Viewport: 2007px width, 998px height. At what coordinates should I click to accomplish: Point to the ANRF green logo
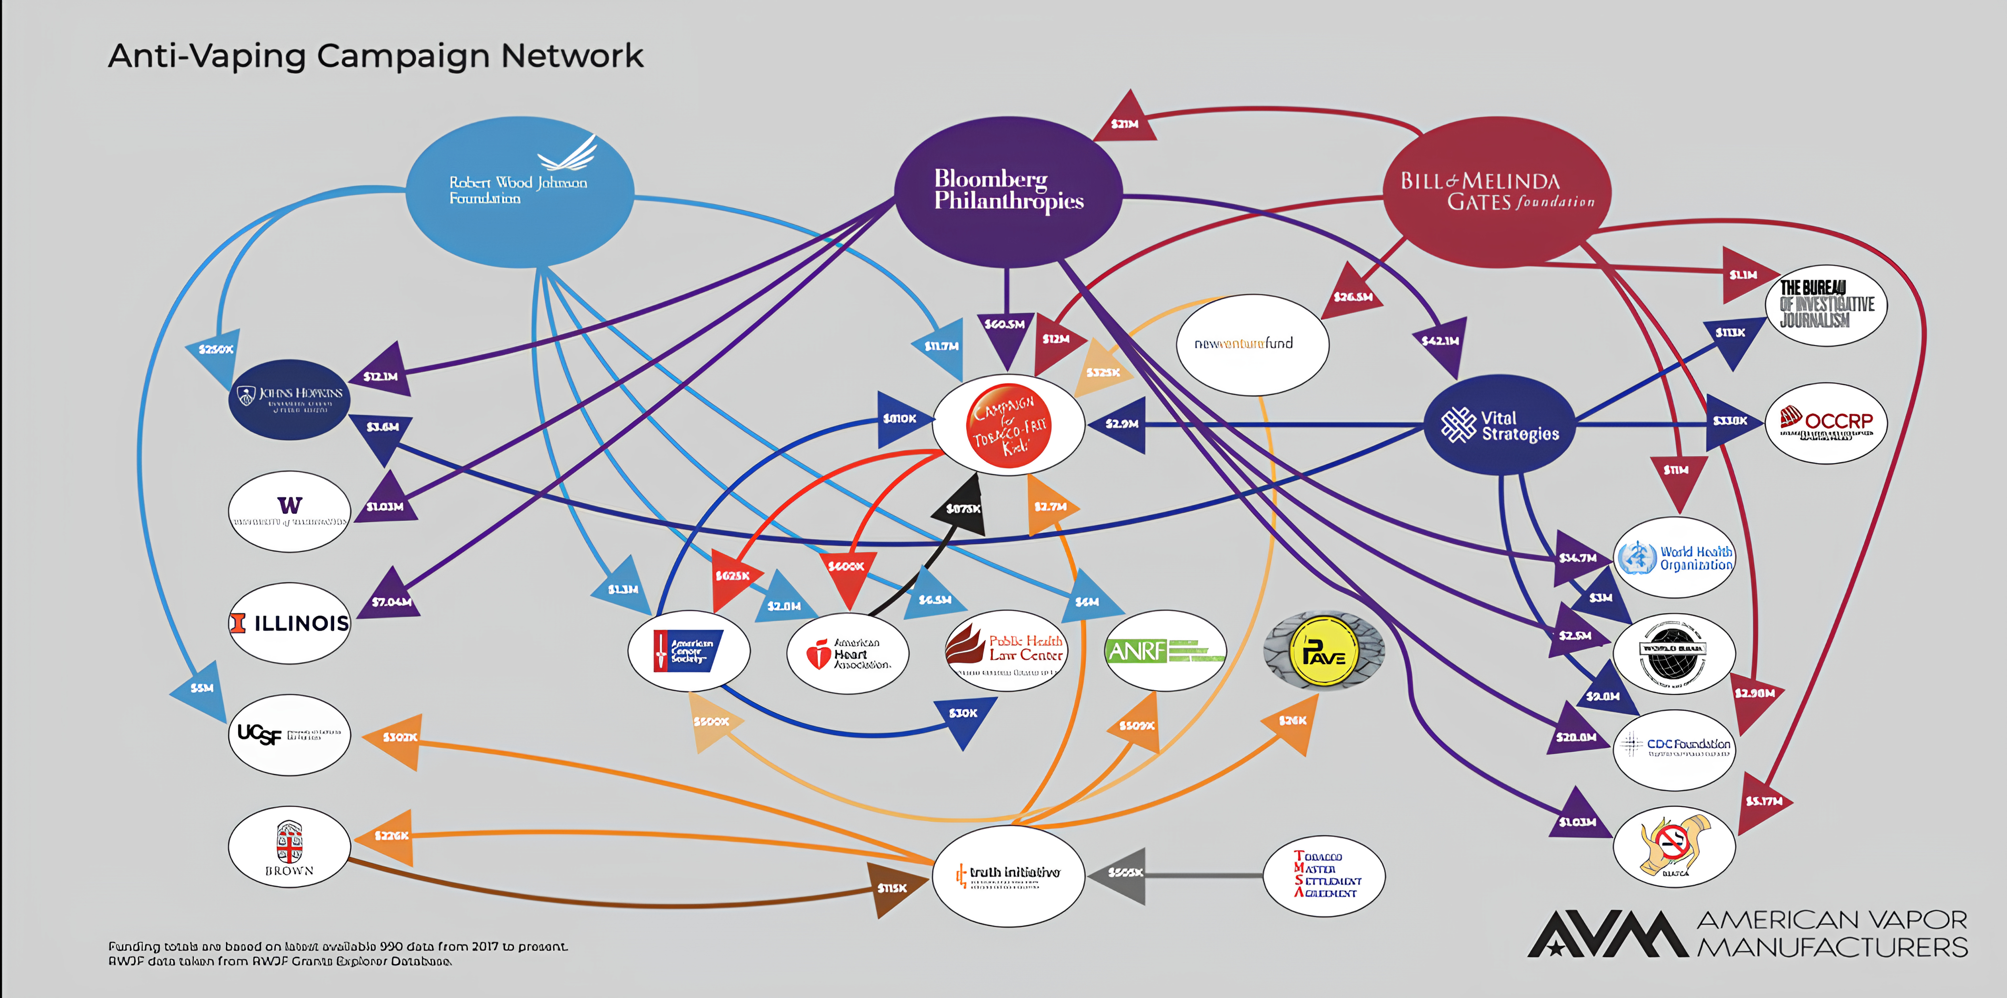point(1165,650)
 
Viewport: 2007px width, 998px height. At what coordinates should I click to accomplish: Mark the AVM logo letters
point(1606,933)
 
